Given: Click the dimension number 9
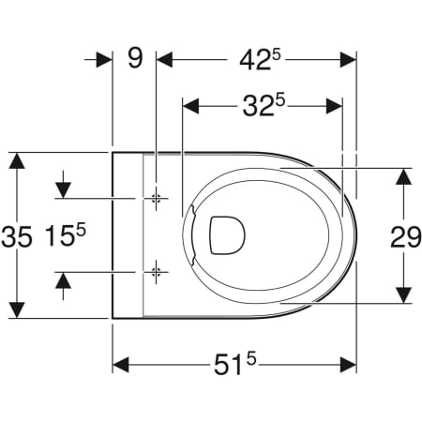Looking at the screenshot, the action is tap(135, 58).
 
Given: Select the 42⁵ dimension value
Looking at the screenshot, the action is tap(261, 60).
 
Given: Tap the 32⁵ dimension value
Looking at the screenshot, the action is tap(264, 106).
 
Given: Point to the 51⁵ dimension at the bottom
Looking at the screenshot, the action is tap(234, 364).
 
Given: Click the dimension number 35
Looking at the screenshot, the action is tap(17, 237).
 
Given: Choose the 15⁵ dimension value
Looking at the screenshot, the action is tap(65, 235).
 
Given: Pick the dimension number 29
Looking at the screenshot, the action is tap(406, 237).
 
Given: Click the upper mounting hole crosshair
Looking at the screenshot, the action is tap(156, 198).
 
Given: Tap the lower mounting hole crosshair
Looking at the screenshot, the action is tap(156, 272).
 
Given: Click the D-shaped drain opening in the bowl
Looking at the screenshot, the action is tap(227, 235).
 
